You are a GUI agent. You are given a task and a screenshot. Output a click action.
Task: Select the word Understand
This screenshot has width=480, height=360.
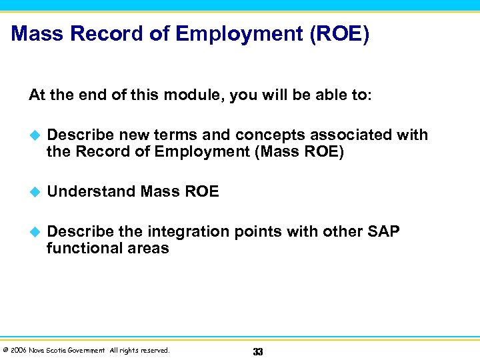[x=91, y=192]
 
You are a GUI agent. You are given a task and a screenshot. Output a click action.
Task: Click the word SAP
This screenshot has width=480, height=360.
[x=383, y=232]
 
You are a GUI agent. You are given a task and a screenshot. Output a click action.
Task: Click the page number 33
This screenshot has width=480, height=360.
[x=258, y=351]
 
